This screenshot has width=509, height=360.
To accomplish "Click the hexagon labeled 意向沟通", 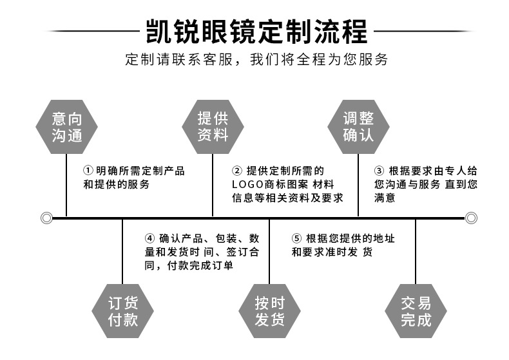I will point(67,127).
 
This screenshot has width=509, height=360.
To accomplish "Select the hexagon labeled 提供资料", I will point(213,127).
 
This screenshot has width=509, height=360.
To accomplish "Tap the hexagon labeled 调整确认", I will point(358,127).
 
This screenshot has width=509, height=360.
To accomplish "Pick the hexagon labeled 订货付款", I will point(122,311).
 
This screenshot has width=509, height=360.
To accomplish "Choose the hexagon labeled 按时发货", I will point(269,311).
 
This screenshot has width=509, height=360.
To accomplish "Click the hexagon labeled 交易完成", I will point(416,311).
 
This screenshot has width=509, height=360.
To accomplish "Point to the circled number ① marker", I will point(88,171).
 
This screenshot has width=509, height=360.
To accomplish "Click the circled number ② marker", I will point(236,171).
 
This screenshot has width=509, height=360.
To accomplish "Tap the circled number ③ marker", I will point(379,171).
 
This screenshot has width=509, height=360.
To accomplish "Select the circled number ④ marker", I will point(149,239).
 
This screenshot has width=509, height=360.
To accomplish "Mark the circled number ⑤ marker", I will point(296,239).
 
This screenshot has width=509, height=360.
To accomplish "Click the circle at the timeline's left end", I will point(46,218).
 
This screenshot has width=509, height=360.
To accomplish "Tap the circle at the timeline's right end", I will point(470,218).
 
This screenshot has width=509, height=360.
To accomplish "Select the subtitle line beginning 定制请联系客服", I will point(256,61).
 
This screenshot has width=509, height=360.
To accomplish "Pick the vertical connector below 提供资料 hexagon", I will point(213,187).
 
